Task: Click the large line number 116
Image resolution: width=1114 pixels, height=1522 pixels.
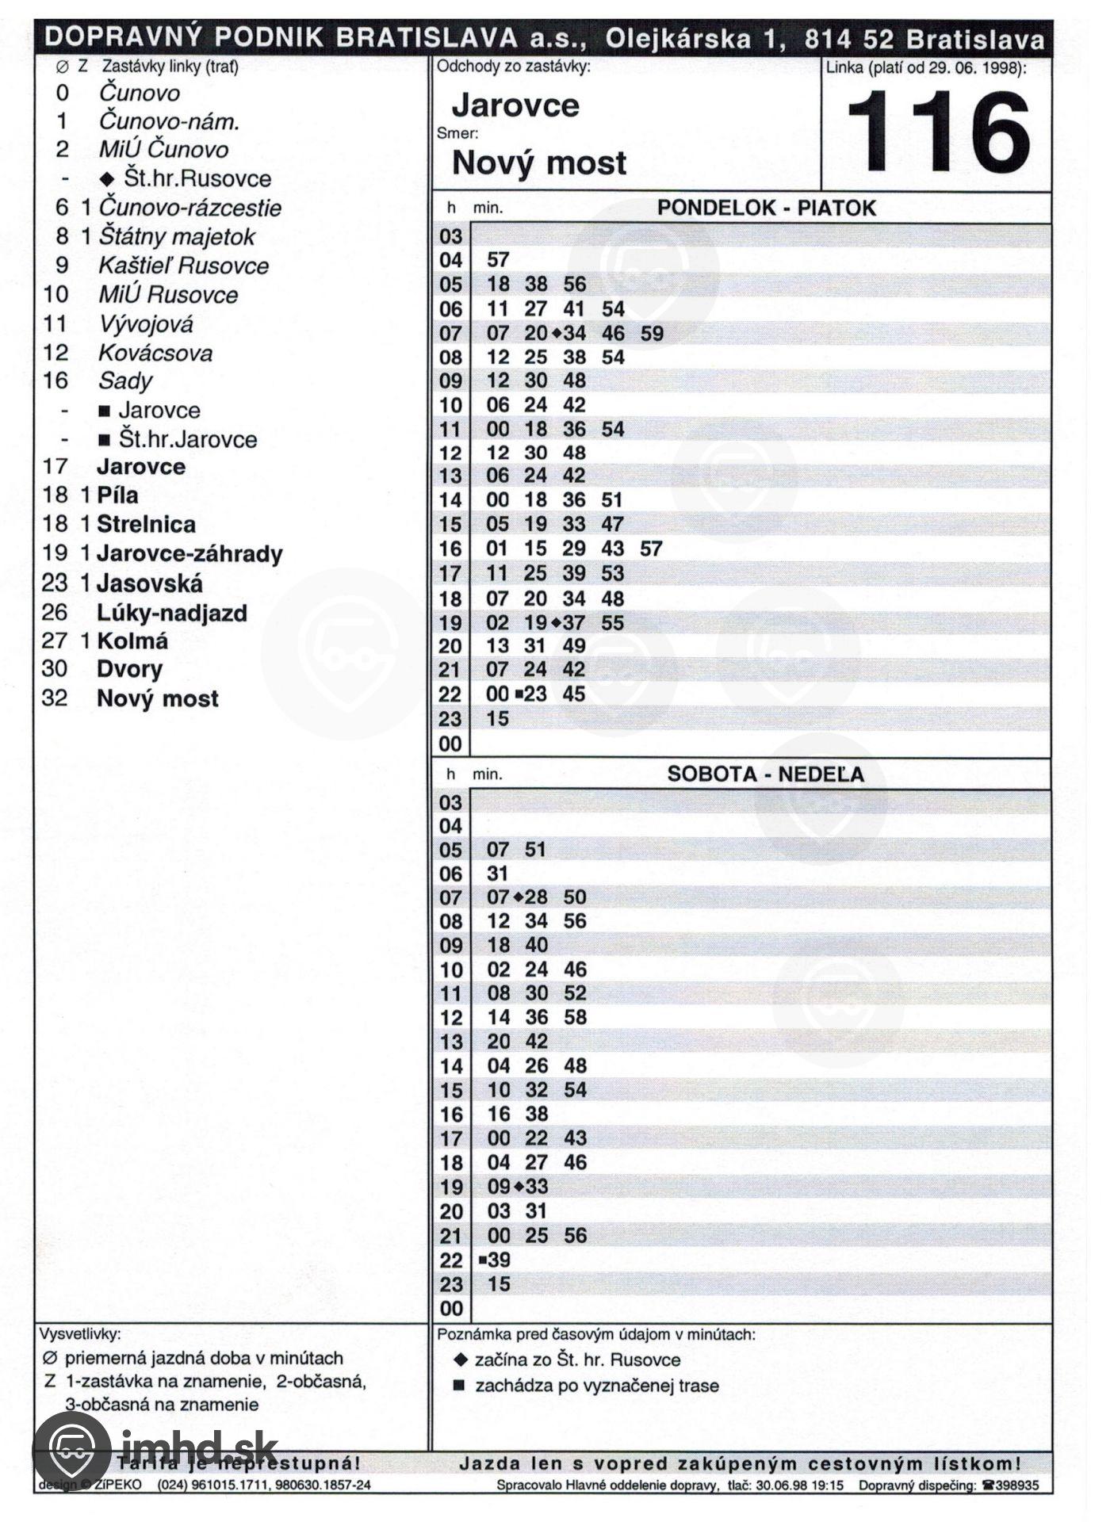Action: click(x=938, y=132)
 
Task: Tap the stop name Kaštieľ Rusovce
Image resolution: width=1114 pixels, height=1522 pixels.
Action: click(x=183, y=266)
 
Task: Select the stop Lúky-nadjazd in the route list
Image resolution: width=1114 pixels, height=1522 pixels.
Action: click(x=172, y=613)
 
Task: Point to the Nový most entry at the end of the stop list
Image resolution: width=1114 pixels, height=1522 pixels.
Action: click(x=157, y=698)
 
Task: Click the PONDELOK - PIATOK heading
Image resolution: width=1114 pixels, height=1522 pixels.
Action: click(x=766, y=208)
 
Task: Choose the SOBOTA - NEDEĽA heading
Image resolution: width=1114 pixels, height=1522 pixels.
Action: click(x=765, y=774)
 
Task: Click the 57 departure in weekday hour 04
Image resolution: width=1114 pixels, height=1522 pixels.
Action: click(x=498, y=260)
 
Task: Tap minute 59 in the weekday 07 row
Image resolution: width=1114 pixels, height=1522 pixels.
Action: click(x=651, y=333)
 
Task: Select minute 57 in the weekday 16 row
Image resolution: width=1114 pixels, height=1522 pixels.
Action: click(x=651, y=549)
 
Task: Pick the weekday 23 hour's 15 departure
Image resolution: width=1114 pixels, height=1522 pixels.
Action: click(x=498, y=719)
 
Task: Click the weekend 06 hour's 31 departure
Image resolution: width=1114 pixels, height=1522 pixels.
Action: click(x=497, y=874)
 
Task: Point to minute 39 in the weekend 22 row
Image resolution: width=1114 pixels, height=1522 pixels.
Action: click(x=500, y=1260)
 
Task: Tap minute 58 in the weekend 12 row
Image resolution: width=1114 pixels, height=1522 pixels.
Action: click(x=575, y=1017)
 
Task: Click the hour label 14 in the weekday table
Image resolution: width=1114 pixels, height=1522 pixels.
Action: click(x=450, y=500)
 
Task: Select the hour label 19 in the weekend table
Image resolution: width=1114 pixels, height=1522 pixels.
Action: click(x=450, y=1187)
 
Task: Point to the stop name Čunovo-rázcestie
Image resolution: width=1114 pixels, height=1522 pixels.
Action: click(x=189, y=208)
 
